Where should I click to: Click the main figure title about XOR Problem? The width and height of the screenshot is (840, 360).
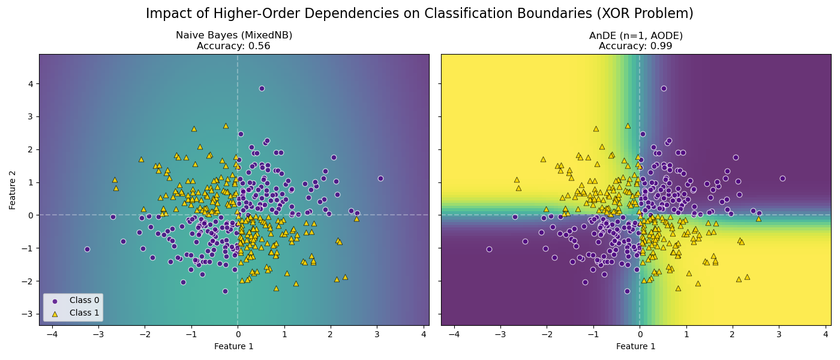tap(419, 14)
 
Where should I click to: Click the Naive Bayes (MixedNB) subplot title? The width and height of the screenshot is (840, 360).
tap(234, 35)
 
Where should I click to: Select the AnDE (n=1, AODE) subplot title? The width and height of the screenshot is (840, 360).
tap(635, 35)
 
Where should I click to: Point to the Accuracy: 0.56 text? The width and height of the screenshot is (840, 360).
tap(233, 46)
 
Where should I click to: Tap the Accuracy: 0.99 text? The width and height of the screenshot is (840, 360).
tap(635, 46)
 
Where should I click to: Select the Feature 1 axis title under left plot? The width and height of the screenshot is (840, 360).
tap(234, 346)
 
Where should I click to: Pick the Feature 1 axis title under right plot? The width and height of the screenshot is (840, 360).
tap(635, 346)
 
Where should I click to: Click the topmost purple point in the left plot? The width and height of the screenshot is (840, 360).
tap(262, 88)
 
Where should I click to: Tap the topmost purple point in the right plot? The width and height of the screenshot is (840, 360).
tap(664, 88)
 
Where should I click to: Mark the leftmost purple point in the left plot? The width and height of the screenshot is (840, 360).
tap(87, 249)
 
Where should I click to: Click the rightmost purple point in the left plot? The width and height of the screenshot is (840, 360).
tap(380, 178)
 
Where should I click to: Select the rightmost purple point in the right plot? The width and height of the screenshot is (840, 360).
tap(782, 178)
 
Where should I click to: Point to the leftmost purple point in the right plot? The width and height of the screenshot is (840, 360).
tap(489, 249)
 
